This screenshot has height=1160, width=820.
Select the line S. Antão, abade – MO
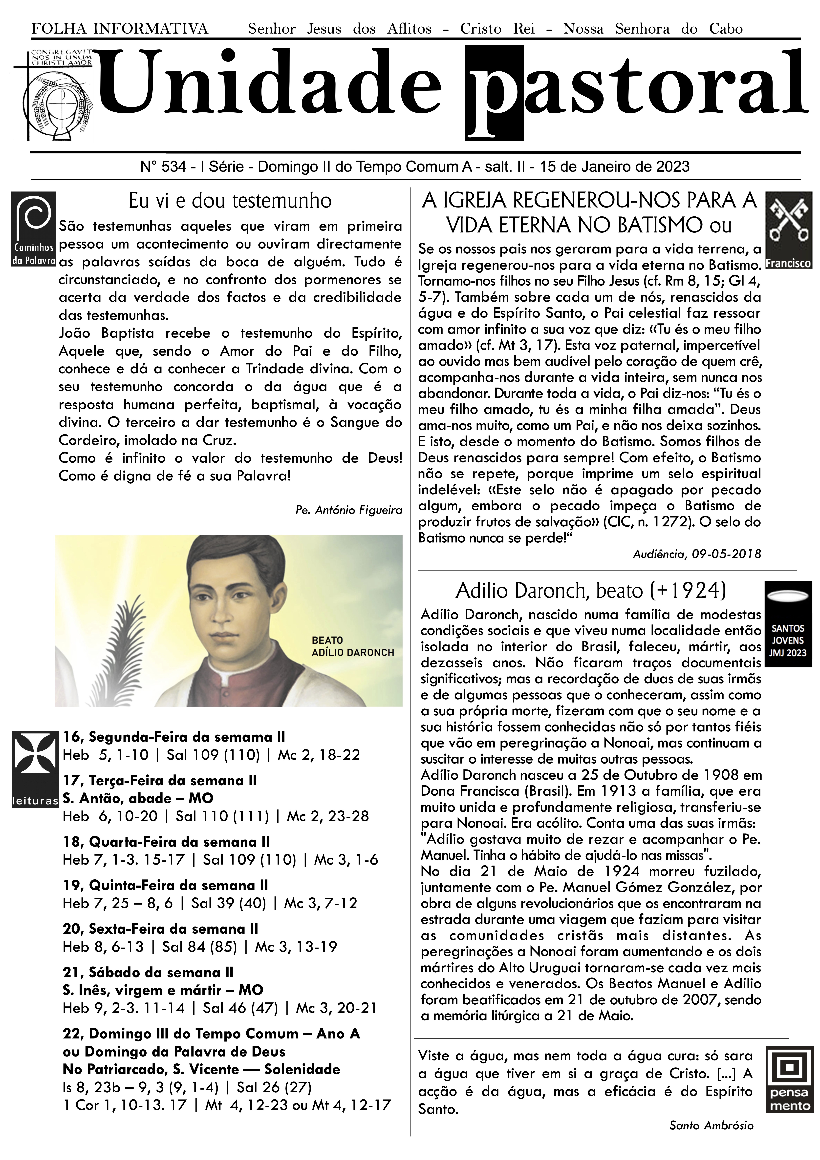[138, 798]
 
